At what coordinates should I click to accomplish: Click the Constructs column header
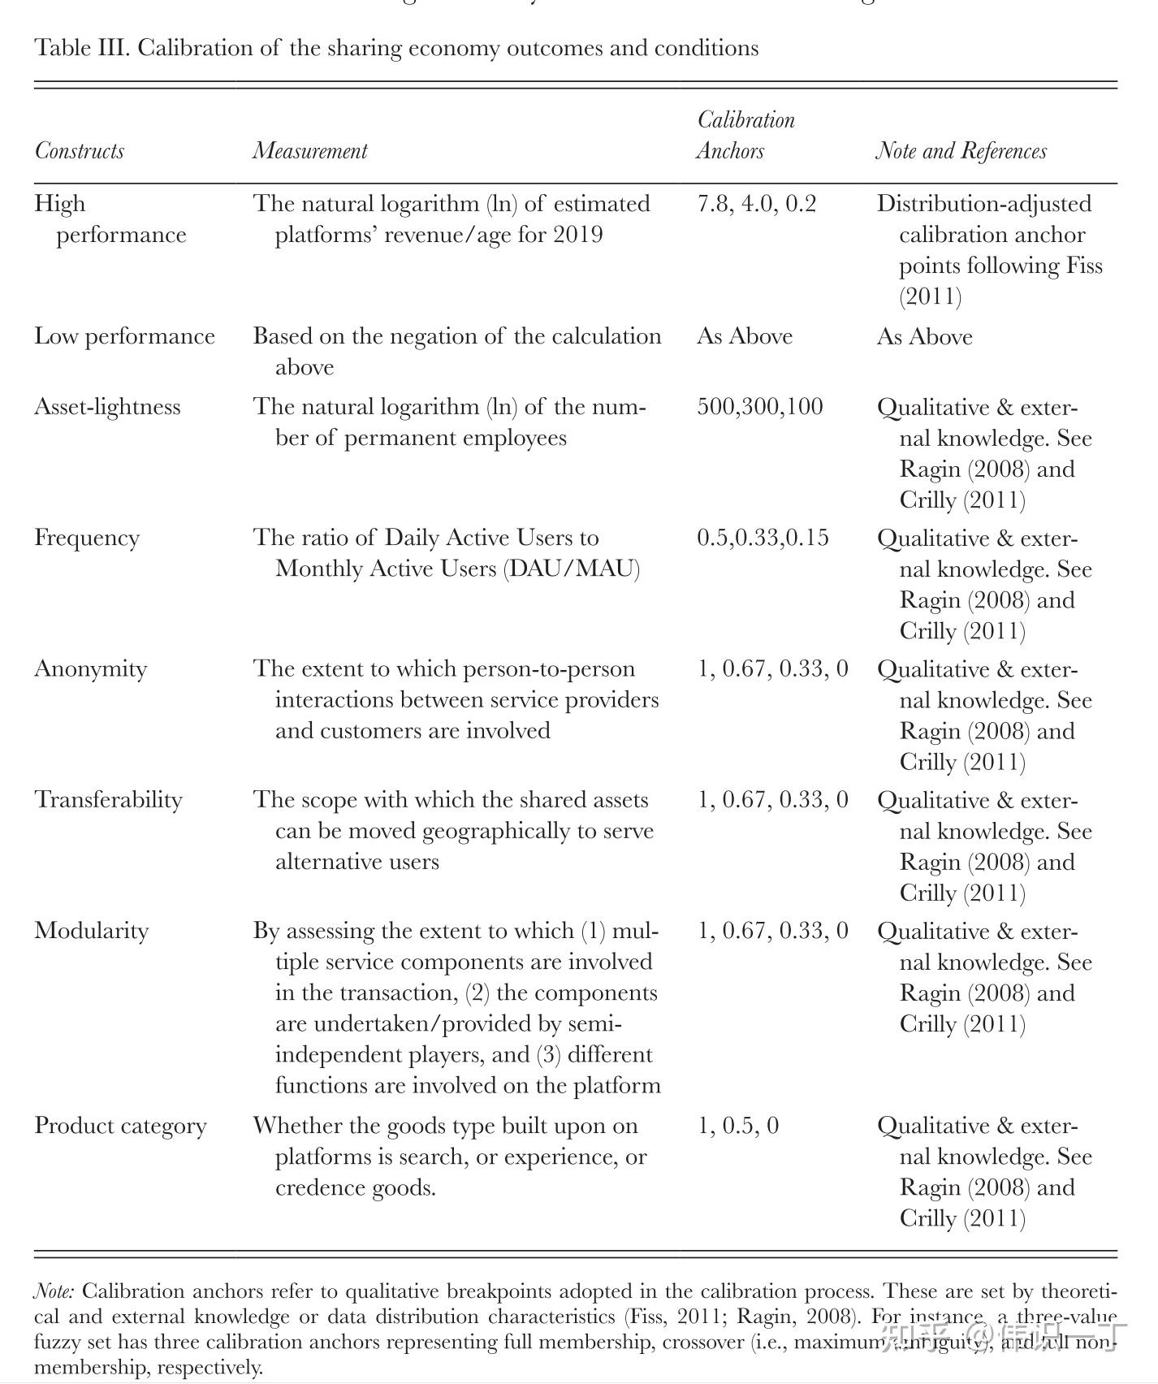tap(79, 151)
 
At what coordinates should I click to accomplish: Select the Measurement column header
tap(309, 151)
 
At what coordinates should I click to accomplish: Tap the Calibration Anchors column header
tap(745, 136)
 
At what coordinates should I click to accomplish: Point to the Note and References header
tap(961, 151)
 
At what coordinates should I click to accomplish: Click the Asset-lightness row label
tap(107, 407)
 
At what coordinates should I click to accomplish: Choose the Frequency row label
tap(87, 538)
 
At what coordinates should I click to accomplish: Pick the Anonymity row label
tap(91, 668)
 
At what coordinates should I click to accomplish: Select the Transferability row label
tap(108, 800)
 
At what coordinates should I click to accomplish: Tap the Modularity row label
tap(92, 931)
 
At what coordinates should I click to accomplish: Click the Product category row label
tap(120, 1126)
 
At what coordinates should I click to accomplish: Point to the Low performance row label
tap(124, 336)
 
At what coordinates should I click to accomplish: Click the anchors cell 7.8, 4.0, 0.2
tap(756, 204)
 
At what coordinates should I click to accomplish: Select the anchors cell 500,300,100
tap(759, 407)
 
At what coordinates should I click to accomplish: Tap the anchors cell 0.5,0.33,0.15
tap(763, 538)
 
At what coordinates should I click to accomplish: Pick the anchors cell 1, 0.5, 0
tap(737, 1126)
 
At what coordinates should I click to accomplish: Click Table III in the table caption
tap(81, 48)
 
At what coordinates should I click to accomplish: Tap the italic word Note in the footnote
tap(54, 1291)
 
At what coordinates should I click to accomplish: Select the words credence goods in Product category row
tap(355, 1187)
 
